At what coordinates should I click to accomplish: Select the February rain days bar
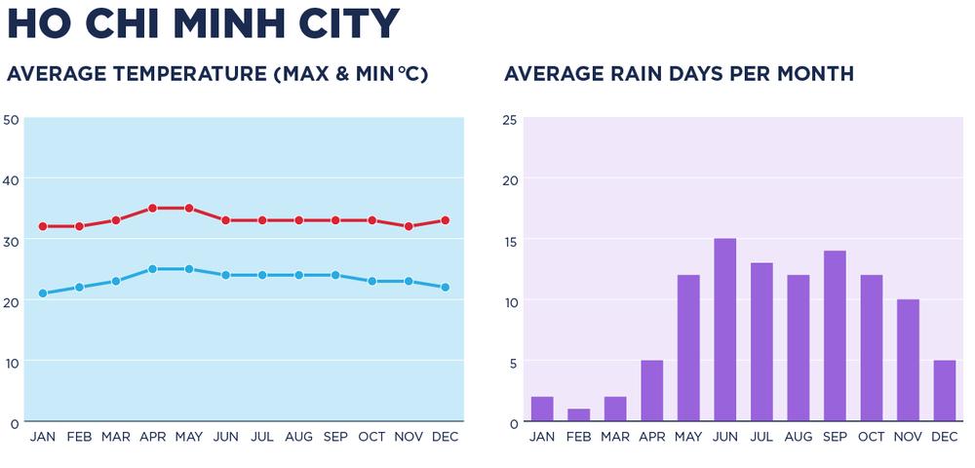[578, 415]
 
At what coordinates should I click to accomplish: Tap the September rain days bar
[835, 336]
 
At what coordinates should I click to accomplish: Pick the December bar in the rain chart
[944, 391]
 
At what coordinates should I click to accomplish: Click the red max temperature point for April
[152, 208]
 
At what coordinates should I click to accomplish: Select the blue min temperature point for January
[43, 293]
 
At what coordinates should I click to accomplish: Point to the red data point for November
[409, 226]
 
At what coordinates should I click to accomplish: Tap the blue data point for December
[446, 288]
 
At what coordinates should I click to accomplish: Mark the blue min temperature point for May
[189, 269]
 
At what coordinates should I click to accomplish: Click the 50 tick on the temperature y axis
[12, 119]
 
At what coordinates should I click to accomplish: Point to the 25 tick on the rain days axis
[509, 119]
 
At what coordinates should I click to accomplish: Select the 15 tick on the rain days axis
[509, 240]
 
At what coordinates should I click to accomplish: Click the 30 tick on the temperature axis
[12, 240]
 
